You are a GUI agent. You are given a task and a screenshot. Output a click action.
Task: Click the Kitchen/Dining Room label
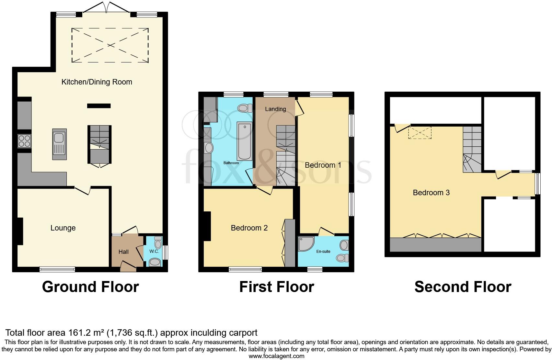click(97, 82)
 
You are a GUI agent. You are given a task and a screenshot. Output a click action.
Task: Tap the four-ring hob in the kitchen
click(24, 141)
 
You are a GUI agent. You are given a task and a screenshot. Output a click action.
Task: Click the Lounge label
click(63, 228)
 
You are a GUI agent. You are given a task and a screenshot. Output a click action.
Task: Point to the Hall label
click(123, 252)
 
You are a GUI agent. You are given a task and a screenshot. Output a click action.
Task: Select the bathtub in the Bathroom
click(244, 141)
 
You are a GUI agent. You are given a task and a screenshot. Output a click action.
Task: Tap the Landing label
click(275, 109)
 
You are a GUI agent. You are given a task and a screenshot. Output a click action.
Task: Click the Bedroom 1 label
click(323, 165)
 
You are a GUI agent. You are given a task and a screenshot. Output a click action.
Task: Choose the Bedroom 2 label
click(249, 228)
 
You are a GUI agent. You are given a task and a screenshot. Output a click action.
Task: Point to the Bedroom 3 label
click(431, 193)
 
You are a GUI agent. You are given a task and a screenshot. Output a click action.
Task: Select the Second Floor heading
click(463, 287)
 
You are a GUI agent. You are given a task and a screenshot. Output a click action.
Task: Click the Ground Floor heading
click(90, 287)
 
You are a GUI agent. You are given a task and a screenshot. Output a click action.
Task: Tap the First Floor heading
click(276, 287)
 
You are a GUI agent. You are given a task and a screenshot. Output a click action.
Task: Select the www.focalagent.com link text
click(276, 356)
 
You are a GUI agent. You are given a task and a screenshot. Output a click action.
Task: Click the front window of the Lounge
click(57, 269)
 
